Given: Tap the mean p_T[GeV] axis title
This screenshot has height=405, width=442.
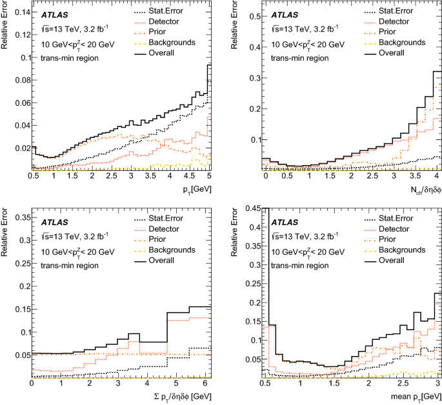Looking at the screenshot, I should click(414, 395).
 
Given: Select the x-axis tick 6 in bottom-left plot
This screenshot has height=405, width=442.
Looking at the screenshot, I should click(203, 384).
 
